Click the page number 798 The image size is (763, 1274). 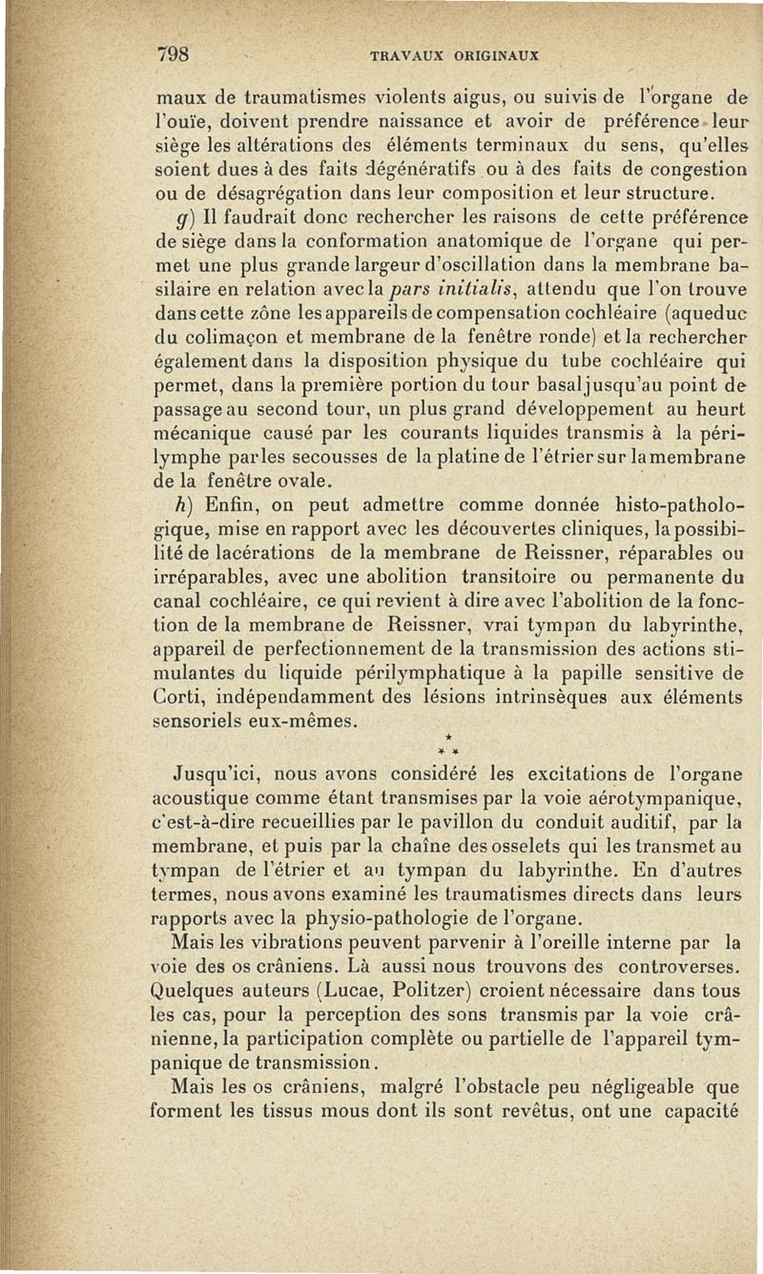178,54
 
